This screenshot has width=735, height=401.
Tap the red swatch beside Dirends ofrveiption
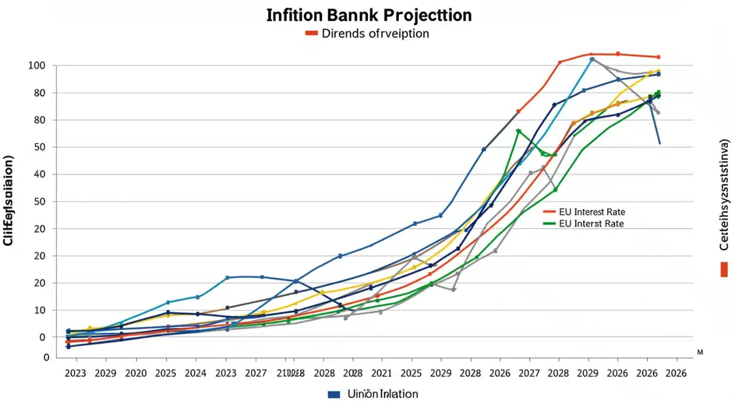pos(312,33)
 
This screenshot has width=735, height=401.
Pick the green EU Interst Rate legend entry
pos(591,224)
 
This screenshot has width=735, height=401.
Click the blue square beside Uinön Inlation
pos(334,394)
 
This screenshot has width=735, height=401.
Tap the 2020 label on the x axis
pos(135,373)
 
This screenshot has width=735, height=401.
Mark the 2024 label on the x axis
pos(196,373)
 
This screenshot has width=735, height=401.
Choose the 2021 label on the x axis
pos(382,373)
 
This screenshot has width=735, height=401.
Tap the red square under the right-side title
pos(725,269)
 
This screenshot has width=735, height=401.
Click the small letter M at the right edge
pos(700,353)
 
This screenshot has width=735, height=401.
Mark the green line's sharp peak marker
pos(519,131)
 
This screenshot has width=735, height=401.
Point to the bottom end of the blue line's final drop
pos(660,144)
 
